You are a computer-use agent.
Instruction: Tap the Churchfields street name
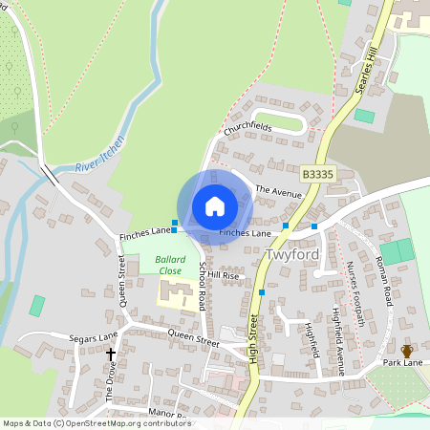pos(247,127)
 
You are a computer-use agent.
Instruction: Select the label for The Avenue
pos(278,191)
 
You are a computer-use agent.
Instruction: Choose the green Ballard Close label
pos(170,265)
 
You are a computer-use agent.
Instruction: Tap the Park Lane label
pos(403,363)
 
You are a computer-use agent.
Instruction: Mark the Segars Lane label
pos(93,337)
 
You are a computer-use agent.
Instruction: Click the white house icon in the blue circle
pos(215,206)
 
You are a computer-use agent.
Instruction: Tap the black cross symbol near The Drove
pos(111,355)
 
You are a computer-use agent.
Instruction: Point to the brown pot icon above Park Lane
pos(406,351)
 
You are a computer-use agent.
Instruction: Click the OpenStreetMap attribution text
pos(96,422)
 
